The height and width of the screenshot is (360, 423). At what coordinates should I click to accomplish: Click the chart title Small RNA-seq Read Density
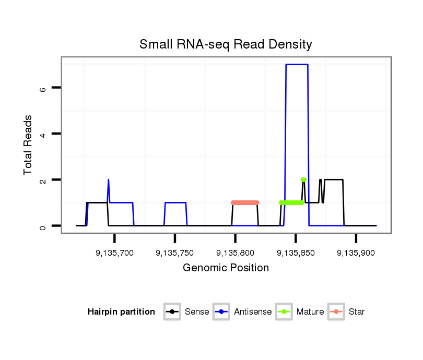(226, 44)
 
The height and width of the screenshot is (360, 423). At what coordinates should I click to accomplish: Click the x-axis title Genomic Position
(226, 268)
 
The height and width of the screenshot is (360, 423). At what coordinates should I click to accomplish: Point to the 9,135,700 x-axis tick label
(114, 253)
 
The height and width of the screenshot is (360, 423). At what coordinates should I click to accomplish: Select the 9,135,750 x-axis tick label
(174, 253)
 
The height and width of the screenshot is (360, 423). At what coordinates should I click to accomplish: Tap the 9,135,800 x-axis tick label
(235, 253)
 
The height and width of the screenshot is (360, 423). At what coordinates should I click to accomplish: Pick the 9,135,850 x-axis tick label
(296, 253)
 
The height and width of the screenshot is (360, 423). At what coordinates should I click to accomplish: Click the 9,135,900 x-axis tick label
(356, 253)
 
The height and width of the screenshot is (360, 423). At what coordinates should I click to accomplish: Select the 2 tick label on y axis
(43, 180)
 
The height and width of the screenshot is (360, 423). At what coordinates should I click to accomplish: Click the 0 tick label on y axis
(43, 226)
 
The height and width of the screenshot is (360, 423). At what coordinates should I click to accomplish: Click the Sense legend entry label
(197, 312)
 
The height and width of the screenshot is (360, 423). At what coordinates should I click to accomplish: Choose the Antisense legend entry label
(253, 312)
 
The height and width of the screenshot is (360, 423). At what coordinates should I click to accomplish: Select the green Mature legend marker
(283, 312)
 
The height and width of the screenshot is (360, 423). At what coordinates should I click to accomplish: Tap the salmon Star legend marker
(335, 312)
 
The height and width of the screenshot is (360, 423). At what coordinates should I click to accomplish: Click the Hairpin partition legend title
(121, 312)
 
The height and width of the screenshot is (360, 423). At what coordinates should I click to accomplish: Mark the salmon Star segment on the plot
(245, 202)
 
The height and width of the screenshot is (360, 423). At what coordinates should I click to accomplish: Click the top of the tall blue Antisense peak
(297, 65)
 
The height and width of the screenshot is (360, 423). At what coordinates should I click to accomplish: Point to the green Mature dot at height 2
(303, 179)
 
